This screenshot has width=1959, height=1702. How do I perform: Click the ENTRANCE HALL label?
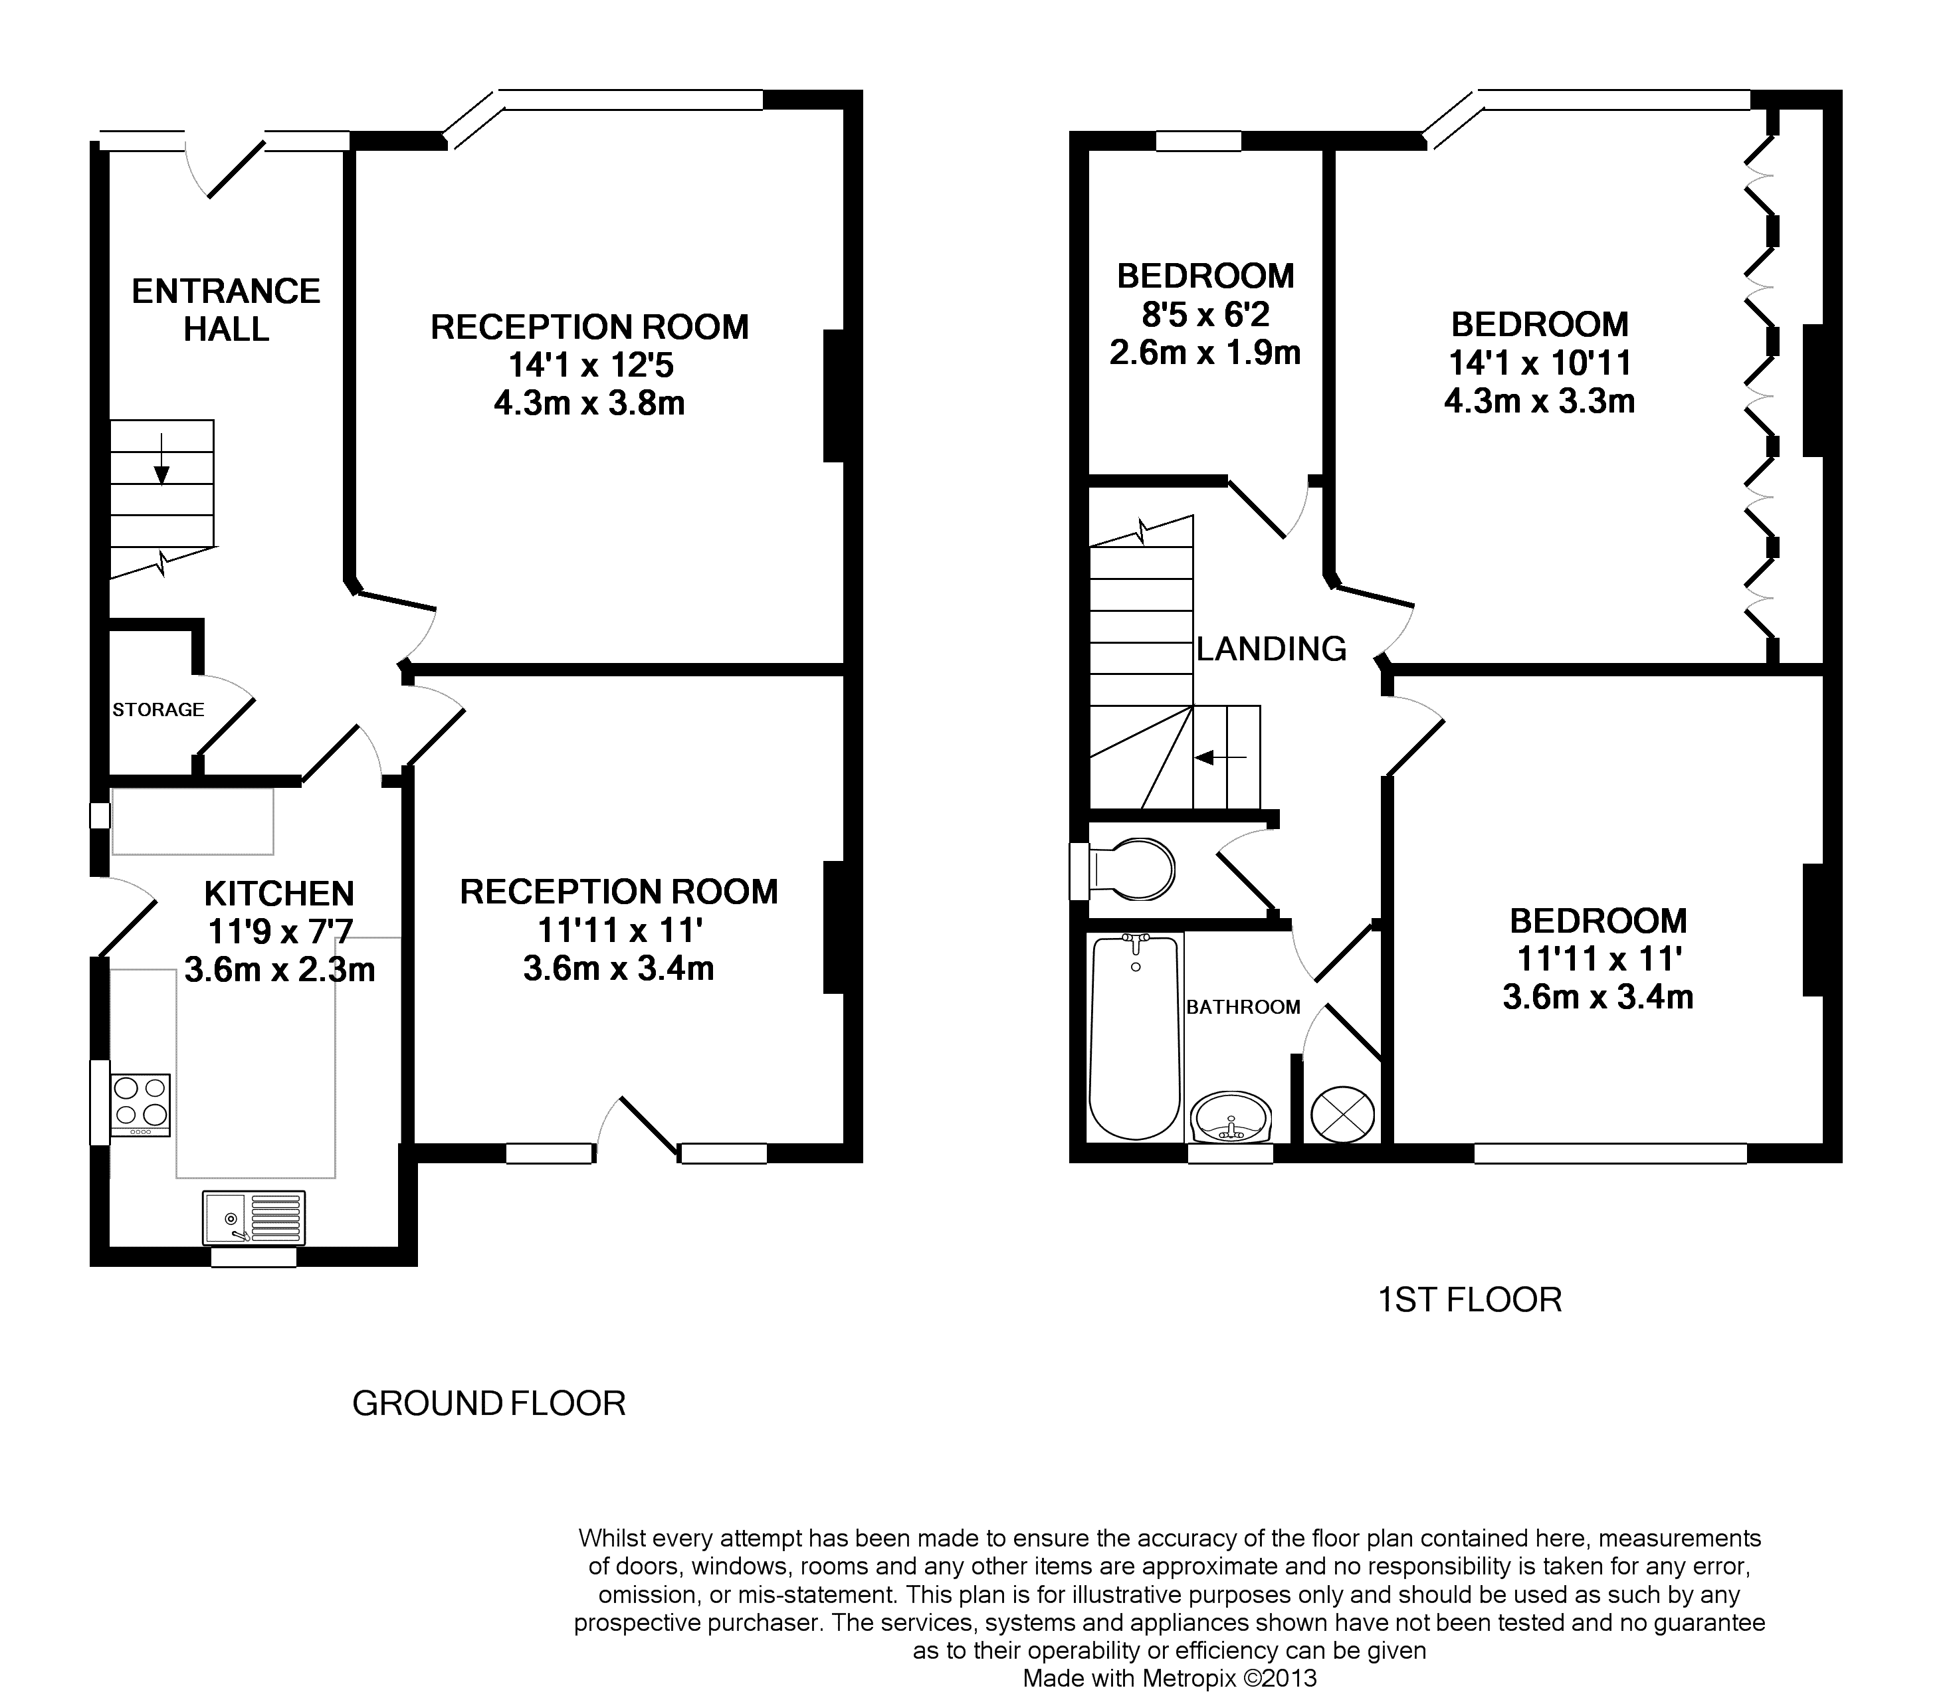(226, 310)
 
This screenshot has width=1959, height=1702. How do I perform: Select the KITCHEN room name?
(279, 894)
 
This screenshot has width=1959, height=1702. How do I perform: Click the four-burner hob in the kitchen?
(141, 1105)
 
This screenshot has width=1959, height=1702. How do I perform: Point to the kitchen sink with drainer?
(254, 1218)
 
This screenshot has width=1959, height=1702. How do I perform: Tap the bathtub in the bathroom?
(1135, 1036)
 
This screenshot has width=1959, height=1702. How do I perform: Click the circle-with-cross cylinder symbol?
(1342, 1114)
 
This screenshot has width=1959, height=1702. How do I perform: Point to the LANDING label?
(1271, 648)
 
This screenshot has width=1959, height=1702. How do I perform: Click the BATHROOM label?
(1243, 1006)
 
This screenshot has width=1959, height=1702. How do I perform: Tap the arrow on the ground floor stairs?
(161, 459)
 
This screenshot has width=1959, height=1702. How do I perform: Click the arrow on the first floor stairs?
(1221, 757)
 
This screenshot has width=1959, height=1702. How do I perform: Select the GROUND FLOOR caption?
(489, 1403)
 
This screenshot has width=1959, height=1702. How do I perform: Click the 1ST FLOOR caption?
(1470, 1299)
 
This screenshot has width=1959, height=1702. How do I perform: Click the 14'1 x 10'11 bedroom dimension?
(1540, 363)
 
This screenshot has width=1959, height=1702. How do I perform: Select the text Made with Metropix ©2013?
(1170, 1678)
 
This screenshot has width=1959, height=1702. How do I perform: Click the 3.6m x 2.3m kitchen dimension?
(279, 970)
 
